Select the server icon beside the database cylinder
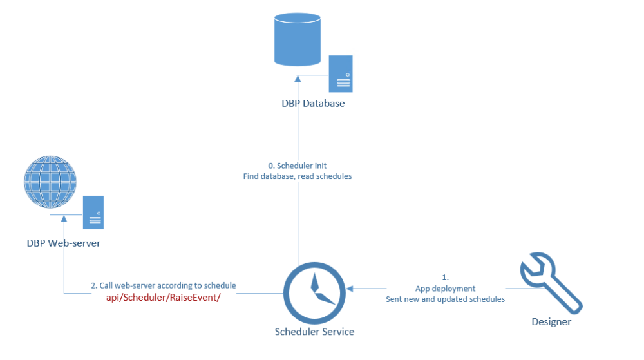tap(341, 73)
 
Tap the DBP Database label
tap(313, 103)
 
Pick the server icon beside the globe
tap(94, 213)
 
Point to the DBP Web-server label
tap(64, 243)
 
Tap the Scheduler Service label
tap(314, 332)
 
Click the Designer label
tap(551, 321)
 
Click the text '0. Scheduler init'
tap(298, 166)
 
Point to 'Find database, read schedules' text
tap(298, 176)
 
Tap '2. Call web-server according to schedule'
tap(163, 285)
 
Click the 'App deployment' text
tap(445, 289)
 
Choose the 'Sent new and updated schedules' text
tap(445, 299)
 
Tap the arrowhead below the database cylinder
tap(298, 79)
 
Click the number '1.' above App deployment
tap(445, 278)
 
